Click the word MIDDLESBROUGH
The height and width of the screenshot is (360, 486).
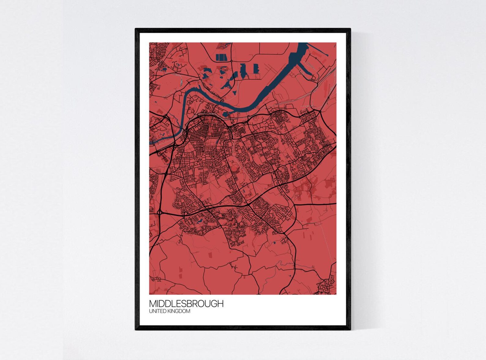186,303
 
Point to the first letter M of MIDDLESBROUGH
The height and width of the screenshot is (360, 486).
152,303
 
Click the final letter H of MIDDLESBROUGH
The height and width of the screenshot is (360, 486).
221,303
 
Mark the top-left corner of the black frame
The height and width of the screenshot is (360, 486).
136,29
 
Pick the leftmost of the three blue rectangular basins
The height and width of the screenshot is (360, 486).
217,57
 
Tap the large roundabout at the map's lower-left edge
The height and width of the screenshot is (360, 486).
159,212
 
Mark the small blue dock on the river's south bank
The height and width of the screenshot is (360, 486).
226,115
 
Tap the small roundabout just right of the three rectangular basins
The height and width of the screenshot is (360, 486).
232,61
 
